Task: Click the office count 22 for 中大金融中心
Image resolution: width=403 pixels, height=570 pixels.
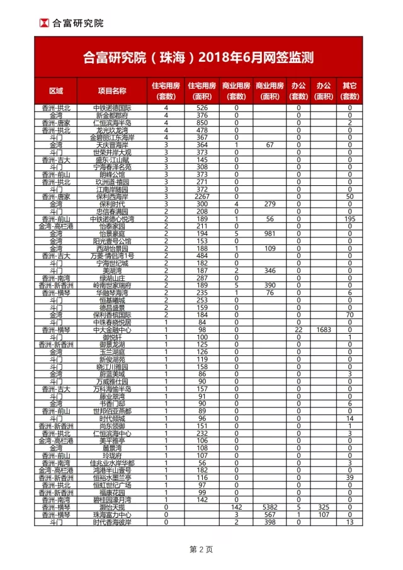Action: tap(298, 329)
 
